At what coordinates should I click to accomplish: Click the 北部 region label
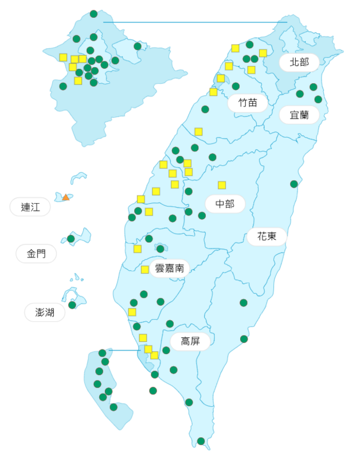pyautogui.click(x=299, y=62)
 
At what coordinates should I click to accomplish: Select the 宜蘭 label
pyautogui.click(x=299, y=115)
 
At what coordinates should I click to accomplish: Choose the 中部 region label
pyautogui.click(x=225, y=204)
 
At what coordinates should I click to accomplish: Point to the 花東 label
pyautogui.click(x=267, y=236)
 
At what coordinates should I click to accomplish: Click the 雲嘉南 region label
pyautogui.click(x=169, y=268)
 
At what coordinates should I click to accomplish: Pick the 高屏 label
pyautogui.click(x=190, y=341)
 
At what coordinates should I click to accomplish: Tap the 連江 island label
pyautogui.click(x=30, y=207)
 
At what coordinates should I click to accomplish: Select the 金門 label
pyautogui.click(x=36, y=254)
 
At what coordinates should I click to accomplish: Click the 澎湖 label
pyautogui.click(x=45, y=312)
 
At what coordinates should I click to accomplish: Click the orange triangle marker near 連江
pyautogui.click(x=66, y=197)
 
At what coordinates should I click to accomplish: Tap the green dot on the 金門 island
pyautogui.click(x=71, y=239)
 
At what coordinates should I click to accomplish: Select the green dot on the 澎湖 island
pyautogui.click(x=72, y=305)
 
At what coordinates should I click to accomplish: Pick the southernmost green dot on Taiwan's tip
pyautogui.click(x=201, y=441)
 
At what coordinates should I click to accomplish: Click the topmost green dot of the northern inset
pyautogui.click(x=93, y=14)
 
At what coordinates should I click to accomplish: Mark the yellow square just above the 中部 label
pyautogui.click(x=222, y=185)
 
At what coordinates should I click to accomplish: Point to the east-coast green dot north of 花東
pyautogui.click(x=294, y=184)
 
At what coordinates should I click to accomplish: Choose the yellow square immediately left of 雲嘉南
pyautogui.click(x=145, y=270)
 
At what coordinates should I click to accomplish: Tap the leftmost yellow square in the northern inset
pyautogui.click(x=63, y=57)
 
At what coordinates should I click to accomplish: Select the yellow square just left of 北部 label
pyautogui.click(x=263, y=53)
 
